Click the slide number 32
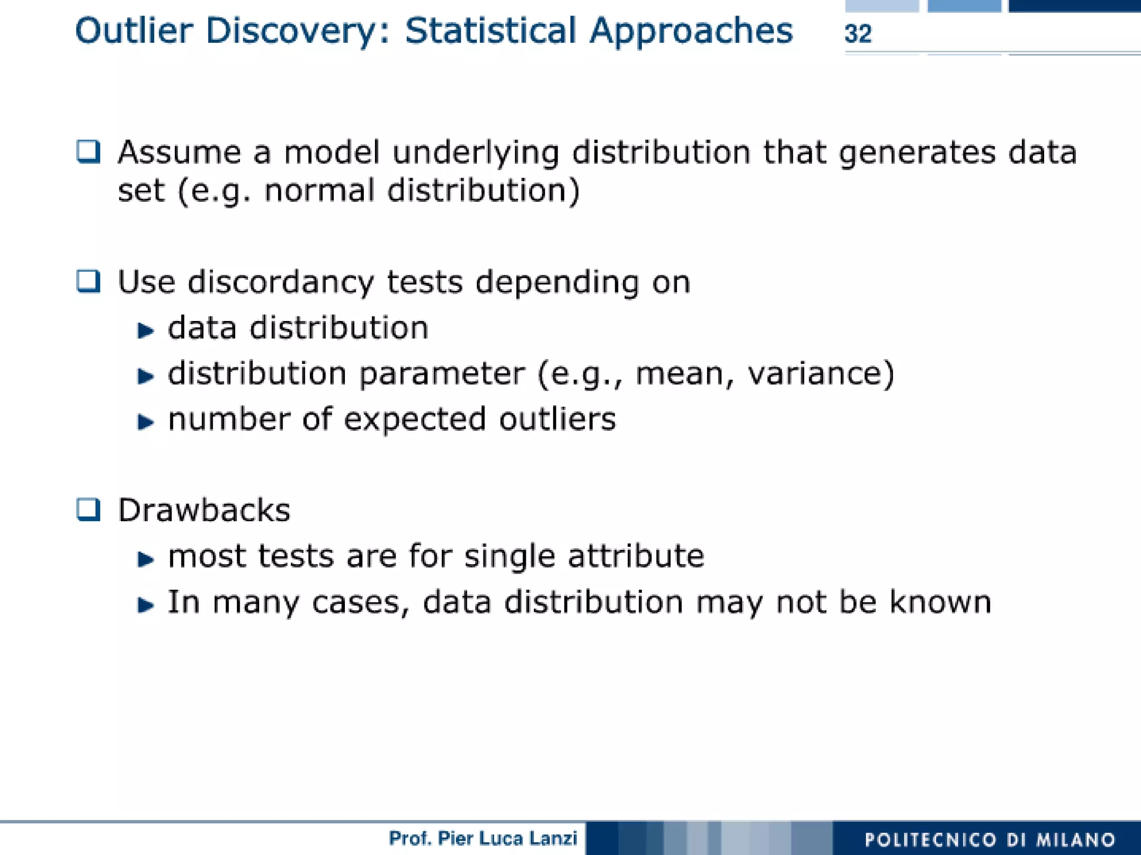pos(857,34)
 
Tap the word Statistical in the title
pos(490,31)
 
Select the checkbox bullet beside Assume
pos(88,152)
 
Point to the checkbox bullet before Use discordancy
pos(88,281)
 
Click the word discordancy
pos(280,283)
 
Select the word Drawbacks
pos(204,510)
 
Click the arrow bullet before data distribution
pos(145,331)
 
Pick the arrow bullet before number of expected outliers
pos(145,422)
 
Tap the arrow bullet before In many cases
pos(145,605)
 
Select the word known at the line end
pos(940,602)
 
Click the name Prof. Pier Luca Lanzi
pos(483,838)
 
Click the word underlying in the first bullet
pos(475,153)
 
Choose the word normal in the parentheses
pos(319,191)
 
